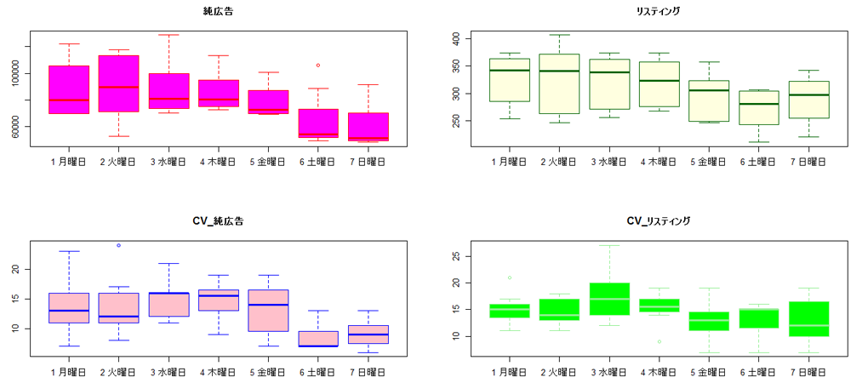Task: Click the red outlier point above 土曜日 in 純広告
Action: click(318, 65)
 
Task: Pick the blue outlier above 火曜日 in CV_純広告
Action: click(118, 245)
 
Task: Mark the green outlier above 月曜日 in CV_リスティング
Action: click(510, 277)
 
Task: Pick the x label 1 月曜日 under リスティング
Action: click(510, 160)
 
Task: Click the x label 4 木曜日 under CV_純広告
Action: click(219, 371)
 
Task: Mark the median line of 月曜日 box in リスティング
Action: click(510, 71)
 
